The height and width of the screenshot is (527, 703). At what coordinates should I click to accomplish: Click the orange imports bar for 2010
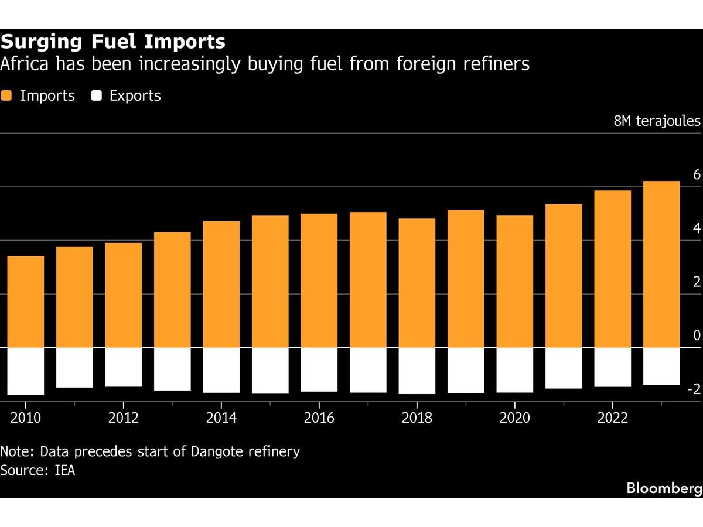tap(26, 302)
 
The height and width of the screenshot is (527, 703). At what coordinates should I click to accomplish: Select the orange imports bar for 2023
tap(661, 264)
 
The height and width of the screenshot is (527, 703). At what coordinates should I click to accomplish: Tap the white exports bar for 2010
tap(26, 371)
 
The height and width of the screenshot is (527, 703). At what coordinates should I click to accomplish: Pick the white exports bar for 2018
tap(417, 371)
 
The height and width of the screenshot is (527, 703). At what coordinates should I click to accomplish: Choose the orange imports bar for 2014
tap(221, 284)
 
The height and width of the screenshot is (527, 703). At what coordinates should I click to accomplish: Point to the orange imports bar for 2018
tap(417, 283)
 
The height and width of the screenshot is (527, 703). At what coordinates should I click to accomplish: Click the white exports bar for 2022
tap(612, 367)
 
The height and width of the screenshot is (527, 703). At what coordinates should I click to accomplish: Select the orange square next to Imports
tap(6, 96)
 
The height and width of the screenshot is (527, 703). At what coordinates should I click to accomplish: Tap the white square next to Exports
tap(97, 96)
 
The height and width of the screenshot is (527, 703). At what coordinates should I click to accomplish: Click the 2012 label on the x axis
tap(124, 418)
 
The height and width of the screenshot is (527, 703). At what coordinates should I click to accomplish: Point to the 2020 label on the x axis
tap(514, 418)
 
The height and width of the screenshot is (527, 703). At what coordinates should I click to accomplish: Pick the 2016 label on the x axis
tap(319, 418)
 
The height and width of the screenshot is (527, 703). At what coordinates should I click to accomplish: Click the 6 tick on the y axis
tap(697, 174)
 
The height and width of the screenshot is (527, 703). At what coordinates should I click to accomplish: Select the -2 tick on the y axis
tap(694, 389)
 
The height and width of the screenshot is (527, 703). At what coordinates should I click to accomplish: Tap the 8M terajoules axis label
tap(657, 121)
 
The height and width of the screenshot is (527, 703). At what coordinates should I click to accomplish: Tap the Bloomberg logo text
tap(664, 488)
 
